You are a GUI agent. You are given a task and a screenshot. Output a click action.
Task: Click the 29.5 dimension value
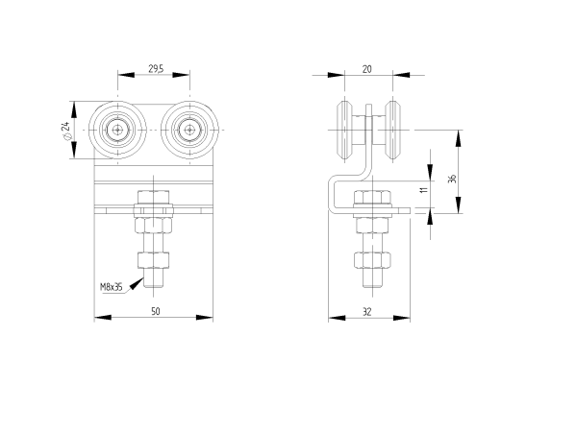tap(154, 67)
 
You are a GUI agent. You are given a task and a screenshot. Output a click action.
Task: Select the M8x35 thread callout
tap(112, 286)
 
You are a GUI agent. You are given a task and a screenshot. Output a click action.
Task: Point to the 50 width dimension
tap(154, 309)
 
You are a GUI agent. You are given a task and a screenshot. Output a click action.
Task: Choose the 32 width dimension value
tap(368, 309)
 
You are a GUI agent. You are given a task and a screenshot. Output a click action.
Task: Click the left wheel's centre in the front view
tap(117, 129)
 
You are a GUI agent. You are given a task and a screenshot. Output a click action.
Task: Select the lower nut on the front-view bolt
tap(154, 261)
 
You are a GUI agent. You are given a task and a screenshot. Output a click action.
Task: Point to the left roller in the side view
tap(343, 132)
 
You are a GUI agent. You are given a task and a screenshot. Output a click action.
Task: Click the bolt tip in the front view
tap(154, 284)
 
